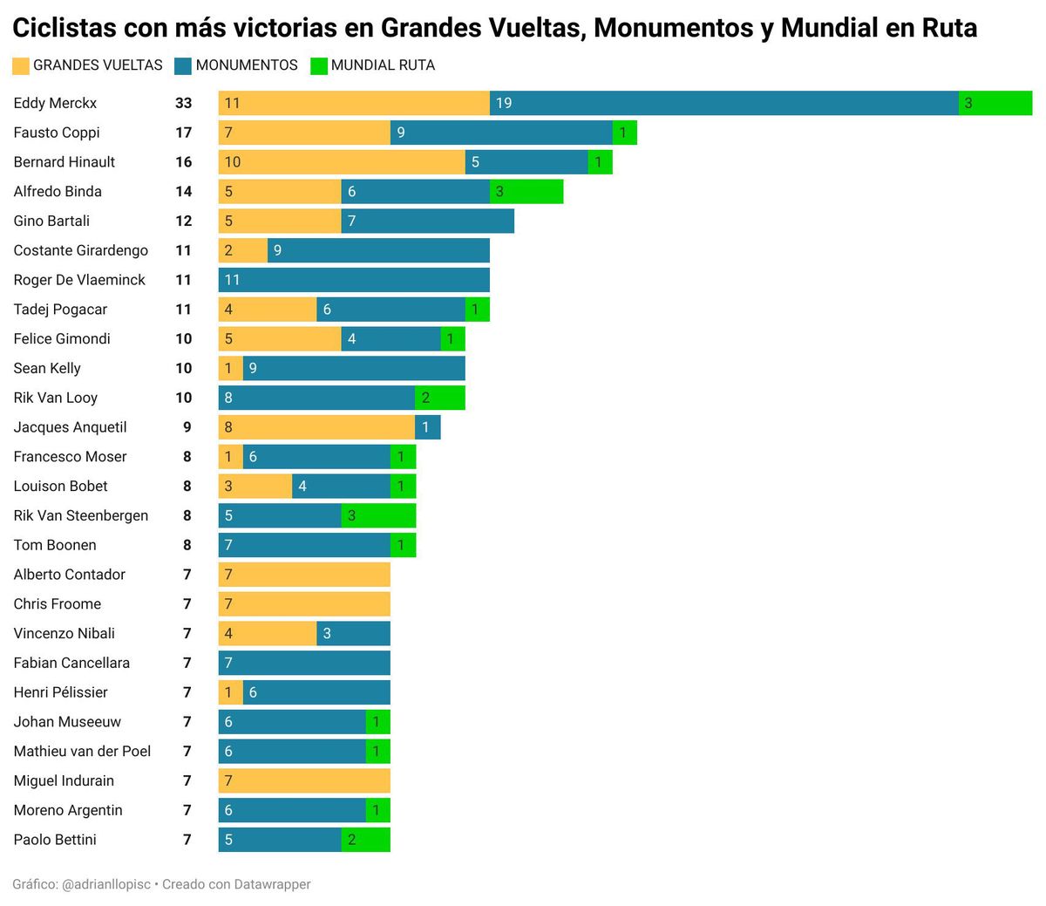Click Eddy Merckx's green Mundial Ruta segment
point(995,103)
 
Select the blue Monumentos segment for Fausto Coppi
point(501,133)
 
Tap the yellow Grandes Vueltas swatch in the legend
point(21,65)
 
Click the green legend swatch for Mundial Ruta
point(319,65)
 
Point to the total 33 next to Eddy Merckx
point(183,103)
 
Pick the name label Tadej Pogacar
point(60,310)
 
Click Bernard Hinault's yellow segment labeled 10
point(342,162)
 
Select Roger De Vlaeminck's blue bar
point(354,280)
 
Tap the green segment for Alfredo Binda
point(526,192)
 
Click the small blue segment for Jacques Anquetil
point(428,427)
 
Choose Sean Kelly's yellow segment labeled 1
point(230,368)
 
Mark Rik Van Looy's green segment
point(440,398)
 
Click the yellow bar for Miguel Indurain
point(304,780)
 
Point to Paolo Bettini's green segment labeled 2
point(366,840)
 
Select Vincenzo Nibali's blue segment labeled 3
point(353,634)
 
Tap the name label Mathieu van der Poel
point(82,752)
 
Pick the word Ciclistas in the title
point(65,28)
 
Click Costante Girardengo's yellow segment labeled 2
point(242,250)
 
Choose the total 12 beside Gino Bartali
point(183,221)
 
